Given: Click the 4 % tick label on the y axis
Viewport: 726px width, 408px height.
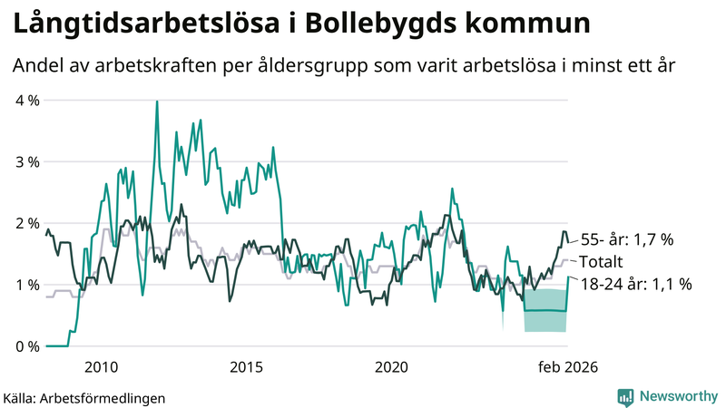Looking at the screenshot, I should click(27, 100).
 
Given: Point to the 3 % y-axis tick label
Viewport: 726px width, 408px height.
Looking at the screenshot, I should click(27, 161).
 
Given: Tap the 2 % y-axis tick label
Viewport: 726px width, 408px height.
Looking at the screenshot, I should click(27, 223).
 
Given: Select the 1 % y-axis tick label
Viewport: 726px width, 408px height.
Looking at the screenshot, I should click(27, 285).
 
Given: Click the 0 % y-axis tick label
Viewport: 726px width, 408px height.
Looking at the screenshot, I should click(27, 346).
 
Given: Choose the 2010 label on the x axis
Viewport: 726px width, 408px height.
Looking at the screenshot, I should click(101, 367).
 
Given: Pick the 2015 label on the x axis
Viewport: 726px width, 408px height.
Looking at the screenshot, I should click(246, 367).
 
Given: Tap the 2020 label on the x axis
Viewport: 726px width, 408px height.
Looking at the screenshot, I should click(391, 367).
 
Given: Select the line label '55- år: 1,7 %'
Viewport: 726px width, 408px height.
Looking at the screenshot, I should click(626, 240).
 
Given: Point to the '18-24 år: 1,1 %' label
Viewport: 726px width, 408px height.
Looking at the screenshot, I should click(635, 284).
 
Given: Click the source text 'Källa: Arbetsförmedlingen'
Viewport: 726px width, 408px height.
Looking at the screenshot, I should click(84, 397).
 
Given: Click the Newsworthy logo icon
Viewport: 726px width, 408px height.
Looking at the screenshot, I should click(625, 396).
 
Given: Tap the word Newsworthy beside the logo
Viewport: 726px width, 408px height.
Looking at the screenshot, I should click(678, 396).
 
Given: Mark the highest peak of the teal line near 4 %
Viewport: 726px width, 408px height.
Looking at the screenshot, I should click(157, 102).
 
